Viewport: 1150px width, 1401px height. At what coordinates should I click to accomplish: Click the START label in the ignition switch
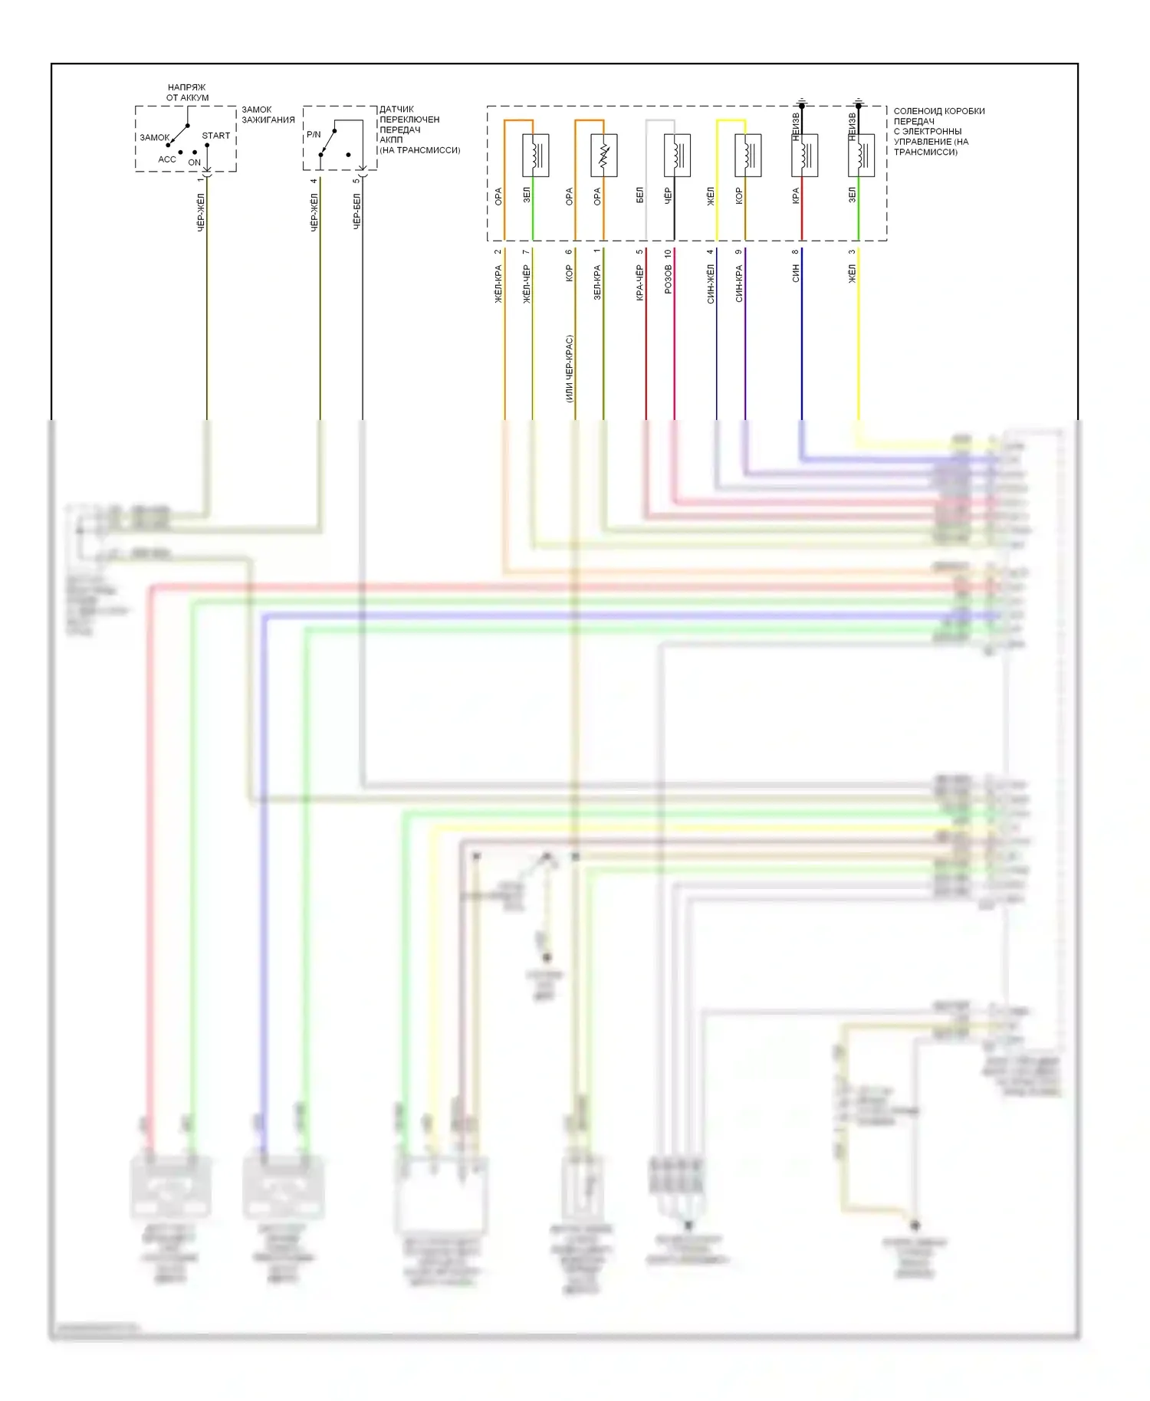[x=215, y=136]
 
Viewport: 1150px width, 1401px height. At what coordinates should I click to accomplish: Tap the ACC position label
[x=167, y=159]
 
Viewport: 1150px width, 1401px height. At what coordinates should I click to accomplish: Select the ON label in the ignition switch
[x=194, y=162]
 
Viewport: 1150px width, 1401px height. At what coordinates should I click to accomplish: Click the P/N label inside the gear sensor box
[x=314, y=135]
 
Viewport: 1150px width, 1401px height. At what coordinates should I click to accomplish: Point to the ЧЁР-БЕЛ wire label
[x=356, y=212]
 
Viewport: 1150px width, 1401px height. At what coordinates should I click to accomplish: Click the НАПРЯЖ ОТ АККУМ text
[x=187, y=93]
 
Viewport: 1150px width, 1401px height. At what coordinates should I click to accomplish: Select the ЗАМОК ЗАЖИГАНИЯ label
[x=268, y=115]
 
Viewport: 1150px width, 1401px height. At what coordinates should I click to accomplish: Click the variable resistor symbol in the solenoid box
[x=603, y=156]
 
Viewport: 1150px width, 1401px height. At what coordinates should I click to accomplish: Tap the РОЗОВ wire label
[x=669, y=279]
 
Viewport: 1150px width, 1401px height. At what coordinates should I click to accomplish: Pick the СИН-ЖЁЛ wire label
[x=711, y=284]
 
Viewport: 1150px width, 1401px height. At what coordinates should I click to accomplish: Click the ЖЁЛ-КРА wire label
[x=498, y=284]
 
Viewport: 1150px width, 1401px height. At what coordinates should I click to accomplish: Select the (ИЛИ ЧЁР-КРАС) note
[x=569, y=369]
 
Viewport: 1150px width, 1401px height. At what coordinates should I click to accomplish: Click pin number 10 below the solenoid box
[x=669, y=253]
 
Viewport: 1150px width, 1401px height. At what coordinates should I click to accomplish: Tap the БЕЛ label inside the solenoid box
[x=640, y=195]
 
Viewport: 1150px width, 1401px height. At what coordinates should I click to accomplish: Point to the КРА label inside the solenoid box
[x=796, y=195]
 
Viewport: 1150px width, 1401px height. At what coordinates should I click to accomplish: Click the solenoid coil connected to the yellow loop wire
[x=747, y=156]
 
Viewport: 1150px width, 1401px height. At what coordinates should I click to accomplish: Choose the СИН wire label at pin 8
[x=796, y=273]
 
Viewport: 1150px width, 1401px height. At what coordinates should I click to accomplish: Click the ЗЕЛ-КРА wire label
[x=597, y=282]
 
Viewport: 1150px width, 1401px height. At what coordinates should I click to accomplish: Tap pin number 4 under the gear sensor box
[x=314, y=182]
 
